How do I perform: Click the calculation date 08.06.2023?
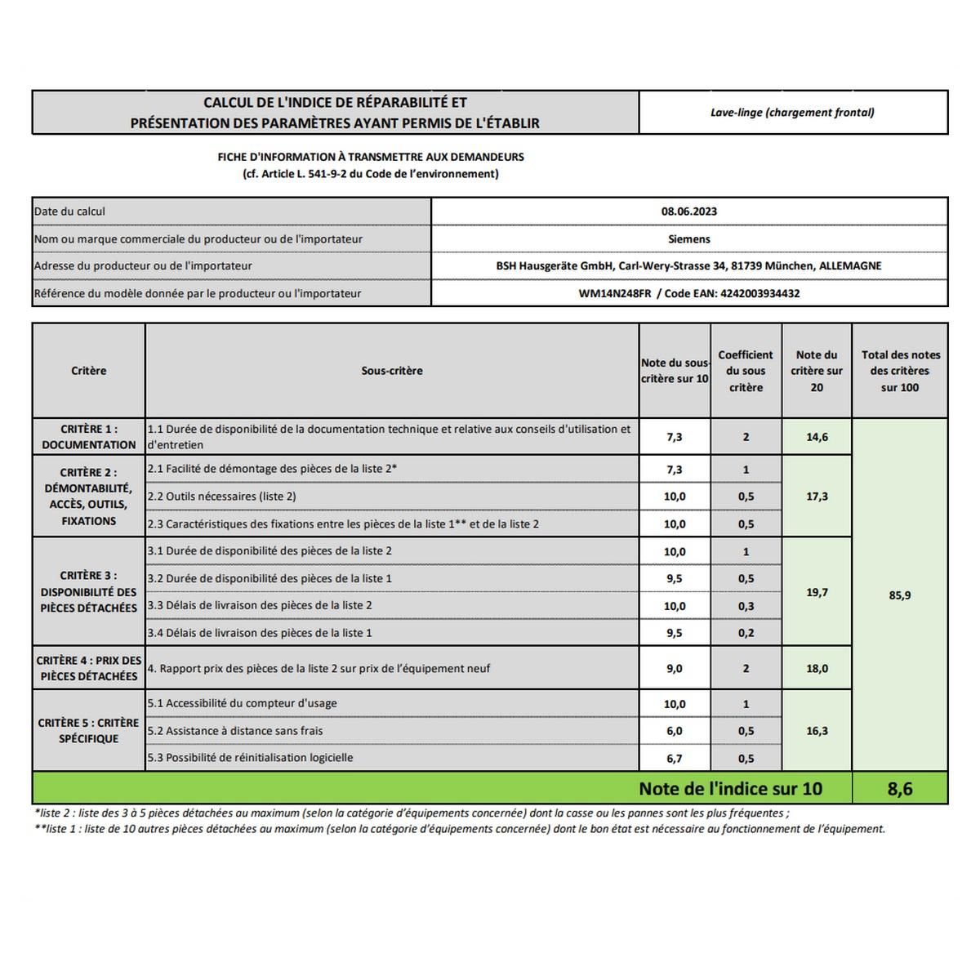pyautogui.click(x=688, y=212)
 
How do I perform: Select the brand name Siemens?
pyautogui.click(x=688, y=239)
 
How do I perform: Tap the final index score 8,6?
pyautogui.click(x=899, y=789)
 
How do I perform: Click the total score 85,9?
pyautogui.click(x=899, y=595)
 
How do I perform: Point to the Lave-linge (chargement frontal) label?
pyautogui.click(x=792, y=113)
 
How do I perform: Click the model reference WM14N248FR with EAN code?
pyautogui.click(x=688, y=293)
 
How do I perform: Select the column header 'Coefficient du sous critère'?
pyautogui.click(x=746, y=371)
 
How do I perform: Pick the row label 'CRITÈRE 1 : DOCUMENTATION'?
pyautogui.click(x=89, y=437)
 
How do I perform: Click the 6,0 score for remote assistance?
pyautogui.click(x=675, y=731)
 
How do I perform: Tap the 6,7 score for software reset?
pyautogui.click(x=675, y=759)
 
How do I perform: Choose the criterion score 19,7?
pyautogui.click(x=817, y=592)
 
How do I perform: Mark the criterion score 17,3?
pyautogui.click(x=817, y=497)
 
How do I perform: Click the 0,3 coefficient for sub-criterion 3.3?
pyautogui.click(x=746, y=606)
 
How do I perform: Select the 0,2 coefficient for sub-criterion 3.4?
pyautogui.click(x=746, y=633)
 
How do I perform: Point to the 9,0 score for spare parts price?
pyautogui.click(x=675, y=668)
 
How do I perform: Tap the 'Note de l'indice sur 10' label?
pyautogui.click(x=730, y=789)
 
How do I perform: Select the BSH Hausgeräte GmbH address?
pyautogui.click(x=688, y=266)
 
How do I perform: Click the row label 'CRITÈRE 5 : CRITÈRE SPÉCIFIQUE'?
pyautogui.click(x=89, y=731)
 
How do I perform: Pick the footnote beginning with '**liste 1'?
pyautogui.click(x=460, y=829)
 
